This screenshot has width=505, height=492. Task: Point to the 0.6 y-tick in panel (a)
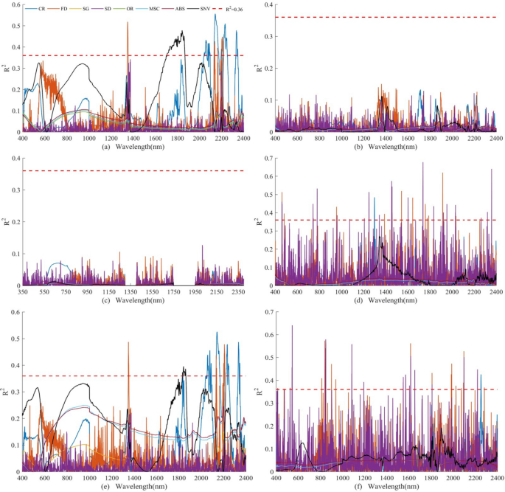click(x=15, y=5)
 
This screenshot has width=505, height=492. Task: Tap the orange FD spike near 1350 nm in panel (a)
click(x=128, y=24)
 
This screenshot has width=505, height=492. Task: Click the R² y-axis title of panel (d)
click(x=258, y=221)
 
